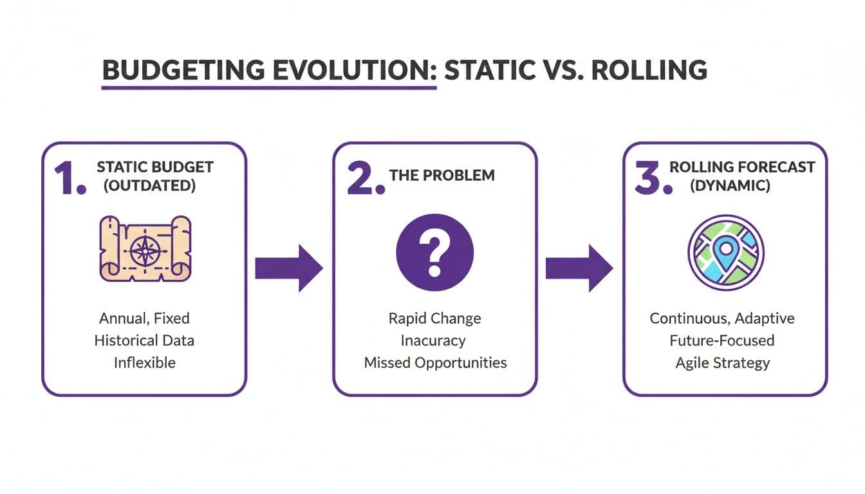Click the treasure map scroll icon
click(x=145, y=249)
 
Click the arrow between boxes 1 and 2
click(x=288, y=267)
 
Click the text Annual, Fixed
click(x=144, y=318)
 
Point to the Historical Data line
click(x=144, y=340)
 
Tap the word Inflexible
click(x=144, y=362)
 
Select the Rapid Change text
click(x=434, y=318)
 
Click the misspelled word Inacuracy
click(x=434, y=340)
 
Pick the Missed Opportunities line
click(x=435, y=362)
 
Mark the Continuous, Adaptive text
click(x=722, y=318)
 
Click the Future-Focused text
click(x=722, y=340)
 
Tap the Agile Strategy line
click(x=722, y=362)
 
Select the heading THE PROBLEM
click(x=442, y=175)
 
